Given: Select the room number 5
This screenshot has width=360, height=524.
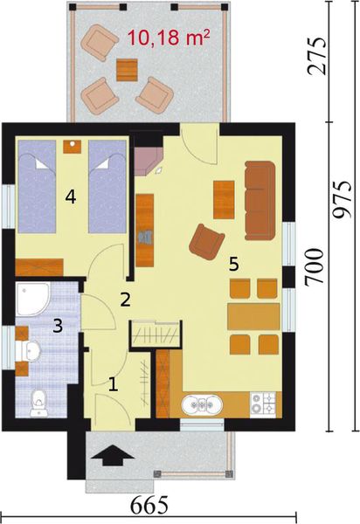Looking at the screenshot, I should pos(232,263).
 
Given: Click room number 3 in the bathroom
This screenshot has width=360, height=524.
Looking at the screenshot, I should pos(58,327).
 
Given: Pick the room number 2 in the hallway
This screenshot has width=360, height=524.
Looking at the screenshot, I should pos(126,300).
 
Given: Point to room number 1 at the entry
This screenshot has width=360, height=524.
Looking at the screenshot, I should pos(113,382).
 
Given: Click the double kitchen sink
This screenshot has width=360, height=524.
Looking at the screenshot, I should pos(204,404).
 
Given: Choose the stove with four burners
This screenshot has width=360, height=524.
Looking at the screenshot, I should pos(263,403).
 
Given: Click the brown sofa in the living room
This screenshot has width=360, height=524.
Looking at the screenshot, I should pos(260,199).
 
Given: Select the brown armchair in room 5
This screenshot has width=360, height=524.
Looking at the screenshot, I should pos(208,241).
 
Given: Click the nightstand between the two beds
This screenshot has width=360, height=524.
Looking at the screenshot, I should pos(73,146).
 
